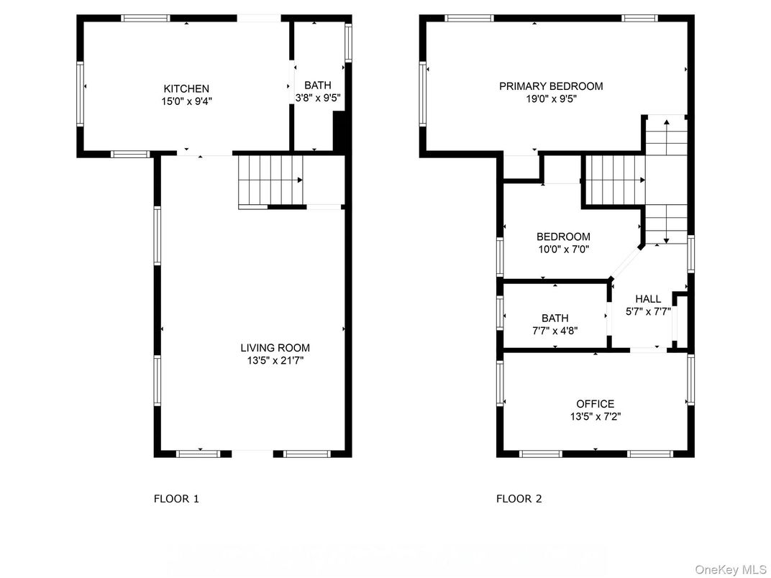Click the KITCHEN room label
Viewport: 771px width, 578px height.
point(186,88)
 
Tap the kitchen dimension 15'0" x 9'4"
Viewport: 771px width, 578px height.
point(186,101)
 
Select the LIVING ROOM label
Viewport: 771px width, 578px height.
point(275,348)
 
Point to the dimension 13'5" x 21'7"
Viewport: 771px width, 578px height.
point(275,361)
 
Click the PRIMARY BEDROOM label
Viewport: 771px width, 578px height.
point(551,86)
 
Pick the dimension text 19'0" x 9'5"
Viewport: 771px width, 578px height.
point(551,99)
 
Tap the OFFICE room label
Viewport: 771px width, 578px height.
point(595,404)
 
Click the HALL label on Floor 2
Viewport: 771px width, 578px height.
point(647,299)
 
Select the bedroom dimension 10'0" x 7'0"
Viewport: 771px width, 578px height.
point(563,249)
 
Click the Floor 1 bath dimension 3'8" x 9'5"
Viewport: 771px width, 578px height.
point(317,98)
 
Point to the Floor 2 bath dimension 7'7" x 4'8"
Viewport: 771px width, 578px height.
point(555,331)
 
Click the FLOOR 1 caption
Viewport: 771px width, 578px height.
point(176,498)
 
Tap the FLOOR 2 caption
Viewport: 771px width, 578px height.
point(519,498)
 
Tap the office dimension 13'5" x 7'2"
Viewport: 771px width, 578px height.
point(595,416)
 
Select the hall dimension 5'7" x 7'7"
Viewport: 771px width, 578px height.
point(647,312)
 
